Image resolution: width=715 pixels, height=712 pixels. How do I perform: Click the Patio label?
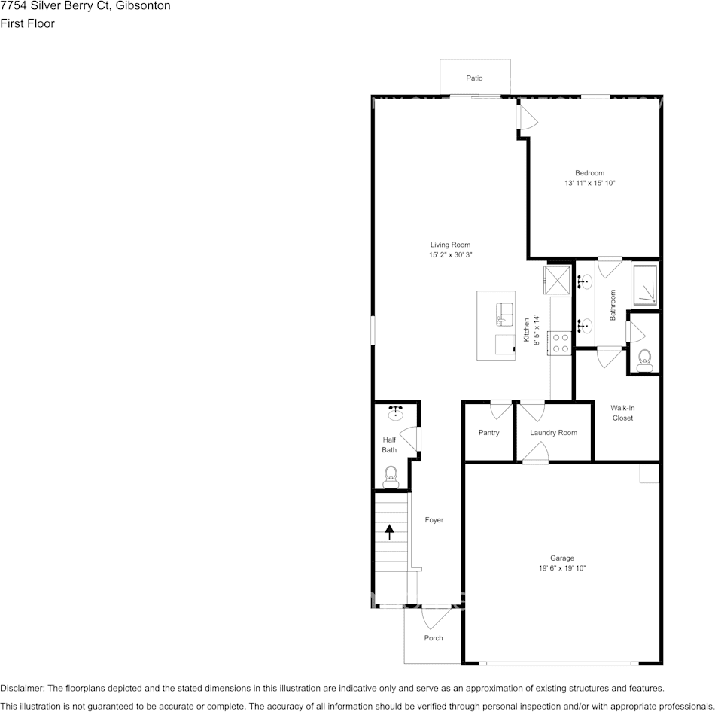click(x=473, y=78)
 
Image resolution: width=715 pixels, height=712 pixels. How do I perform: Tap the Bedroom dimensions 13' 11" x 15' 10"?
click(x=590, y=184)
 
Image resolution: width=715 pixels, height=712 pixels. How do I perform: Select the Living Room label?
click(x=450, y=245)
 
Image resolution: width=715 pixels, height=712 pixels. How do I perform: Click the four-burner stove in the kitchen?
click(x=561, y=344)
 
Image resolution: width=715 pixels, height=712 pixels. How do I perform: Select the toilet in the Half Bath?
click(x=391, y=475)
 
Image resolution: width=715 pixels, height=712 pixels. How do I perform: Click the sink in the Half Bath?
click(x=395, y=412)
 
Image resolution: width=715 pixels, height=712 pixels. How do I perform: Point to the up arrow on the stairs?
click(x=390, y=532)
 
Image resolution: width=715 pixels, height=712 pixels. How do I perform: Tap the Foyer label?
click(x=434, y=520)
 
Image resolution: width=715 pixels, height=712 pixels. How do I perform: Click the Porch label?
click(x=434, y=638)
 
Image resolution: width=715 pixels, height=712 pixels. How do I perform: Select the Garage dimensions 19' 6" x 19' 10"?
click(x=561, y=568)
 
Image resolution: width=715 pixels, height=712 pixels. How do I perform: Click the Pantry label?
click(x=488, y=433)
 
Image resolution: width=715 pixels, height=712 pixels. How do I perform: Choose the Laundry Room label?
click(x=553, y=433)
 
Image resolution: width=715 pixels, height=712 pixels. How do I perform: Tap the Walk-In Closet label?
click(x=622, y=412)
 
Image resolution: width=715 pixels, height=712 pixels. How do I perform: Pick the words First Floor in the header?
click(x=27, y=23)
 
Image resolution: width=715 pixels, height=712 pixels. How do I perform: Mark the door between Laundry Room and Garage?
click(x=535, y=453)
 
